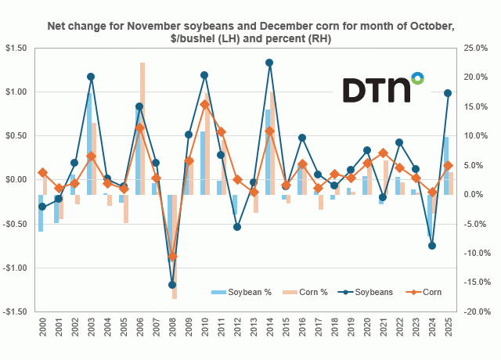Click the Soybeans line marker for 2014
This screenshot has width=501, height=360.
[x=269, y=63]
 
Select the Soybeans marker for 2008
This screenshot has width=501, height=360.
[x=172, y=285]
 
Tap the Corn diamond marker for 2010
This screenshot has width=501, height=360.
[x=204, y=104]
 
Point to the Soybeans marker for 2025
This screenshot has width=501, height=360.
[x=448, y=93]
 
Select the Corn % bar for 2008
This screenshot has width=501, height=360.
[x=175, y=247]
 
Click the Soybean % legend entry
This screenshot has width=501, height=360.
[x=241, y=292]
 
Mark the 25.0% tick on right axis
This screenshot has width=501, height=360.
[x=475, y=49]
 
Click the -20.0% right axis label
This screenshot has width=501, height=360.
[x=474, y=311]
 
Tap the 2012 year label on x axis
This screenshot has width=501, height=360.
[x=236, y=332]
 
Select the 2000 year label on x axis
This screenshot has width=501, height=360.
[x=42, y=332]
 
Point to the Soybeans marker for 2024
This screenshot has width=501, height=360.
[x=431, y=245]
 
